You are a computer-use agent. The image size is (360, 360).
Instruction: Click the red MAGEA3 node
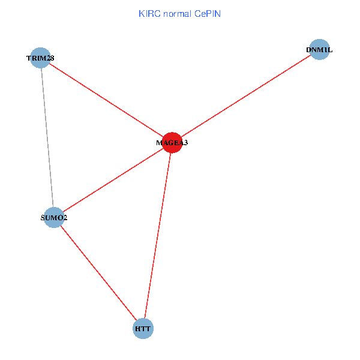pos(172,143)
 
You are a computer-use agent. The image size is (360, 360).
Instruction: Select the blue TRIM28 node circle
pos(40,58)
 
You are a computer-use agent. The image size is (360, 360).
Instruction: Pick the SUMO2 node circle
pos(54,217)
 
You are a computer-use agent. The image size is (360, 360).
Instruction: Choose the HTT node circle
pos(143,329)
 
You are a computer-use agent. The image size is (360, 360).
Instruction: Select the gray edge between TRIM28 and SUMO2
pos(47,137)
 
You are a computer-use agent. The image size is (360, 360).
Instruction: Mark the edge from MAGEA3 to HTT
pos(157,236)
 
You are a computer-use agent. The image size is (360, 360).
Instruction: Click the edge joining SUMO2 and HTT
pos(98,273)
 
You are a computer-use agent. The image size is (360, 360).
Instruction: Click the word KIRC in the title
pos(149,13)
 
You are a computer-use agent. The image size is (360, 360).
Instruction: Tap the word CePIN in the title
pos(208,13)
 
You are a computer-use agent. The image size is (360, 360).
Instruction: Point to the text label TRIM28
pos(40,58)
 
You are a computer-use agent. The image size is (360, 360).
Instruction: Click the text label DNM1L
pos(319,50)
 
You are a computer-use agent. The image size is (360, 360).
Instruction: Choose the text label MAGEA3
pos(172,143)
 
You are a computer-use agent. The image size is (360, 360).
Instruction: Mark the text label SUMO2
pos(54,218)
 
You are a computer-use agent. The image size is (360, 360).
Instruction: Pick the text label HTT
pos(143,329)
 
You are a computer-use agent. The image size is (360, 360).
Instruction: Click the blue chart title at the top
pos(179,13)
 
